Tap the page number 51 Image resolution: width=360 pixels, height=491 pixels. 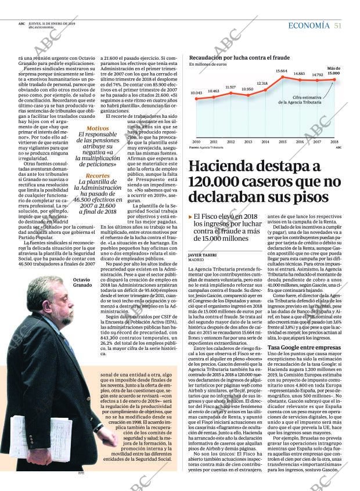point(338,25)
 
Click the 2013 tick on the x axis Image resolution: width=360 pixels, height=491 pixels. point(248,142)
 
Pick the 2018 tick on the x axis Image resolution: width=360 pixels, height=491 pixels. point(334,142)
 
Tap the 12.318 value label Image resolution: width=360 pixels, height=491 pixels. point(262,84)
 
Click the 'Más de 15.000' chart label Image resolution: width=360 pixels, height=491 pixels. point(333,71)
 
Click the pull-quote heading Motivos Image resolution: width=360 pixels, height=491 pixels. point(97,128)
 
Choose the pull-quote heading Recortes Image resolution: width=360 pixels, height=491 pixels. point(97,175)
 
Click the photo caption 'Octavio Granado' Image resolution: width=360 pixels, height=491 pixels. point(82,283)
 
